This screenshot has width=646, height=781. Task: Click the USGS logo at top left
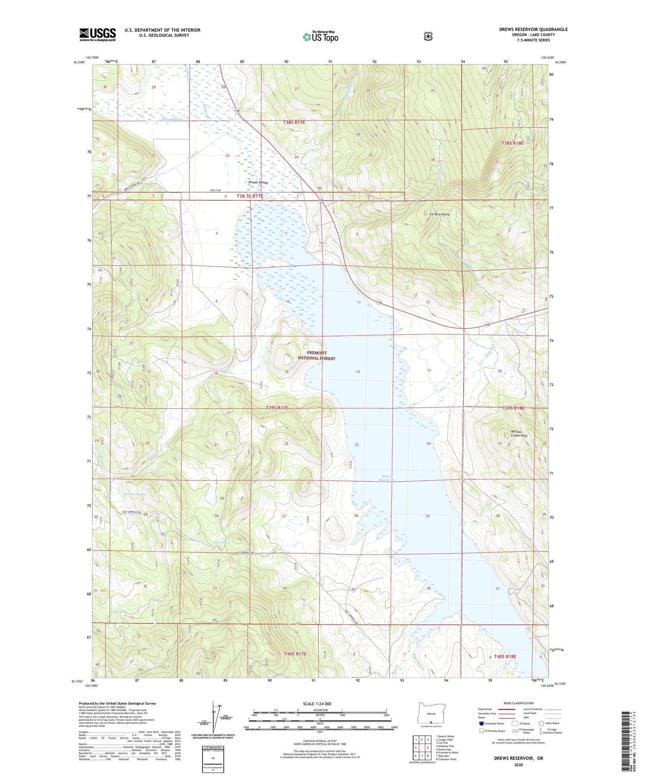(97, 34)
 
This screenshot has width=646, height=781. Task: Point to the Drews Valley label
(258, 183)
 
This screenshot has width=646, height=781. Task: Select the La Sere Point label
(440, 214)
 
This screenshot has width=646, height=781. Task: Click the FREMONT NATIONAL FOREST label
(317, 355)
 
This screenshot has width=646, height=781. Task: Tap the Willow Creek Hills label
(516, 433)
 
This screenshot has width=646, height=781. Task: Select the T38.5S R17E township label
(249, 196)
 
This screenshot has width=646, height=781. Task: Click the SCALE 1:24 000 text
(317, 704)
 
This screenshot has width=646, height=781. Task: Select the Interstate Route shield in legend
(481, 724)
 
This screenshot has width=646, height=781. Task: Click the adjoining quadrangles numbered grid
(422, 747)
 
